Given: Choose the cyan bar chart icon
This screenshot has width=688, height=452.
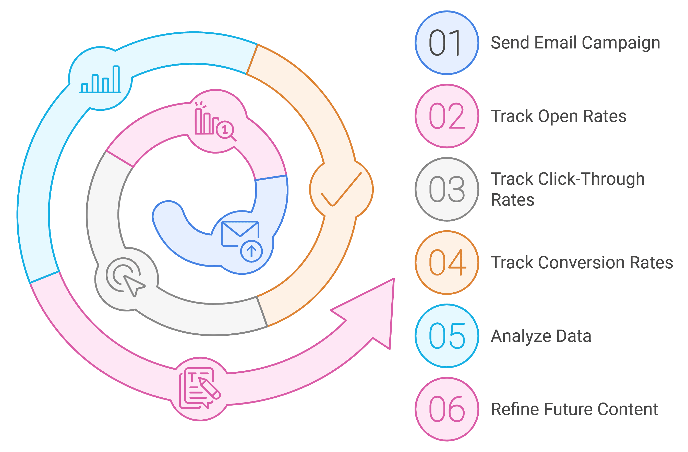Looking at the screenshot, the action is click(x=100, y=79).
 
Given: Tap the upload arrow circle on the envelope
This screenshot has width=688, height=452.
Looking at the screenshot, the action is click(x=251, y=251).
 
